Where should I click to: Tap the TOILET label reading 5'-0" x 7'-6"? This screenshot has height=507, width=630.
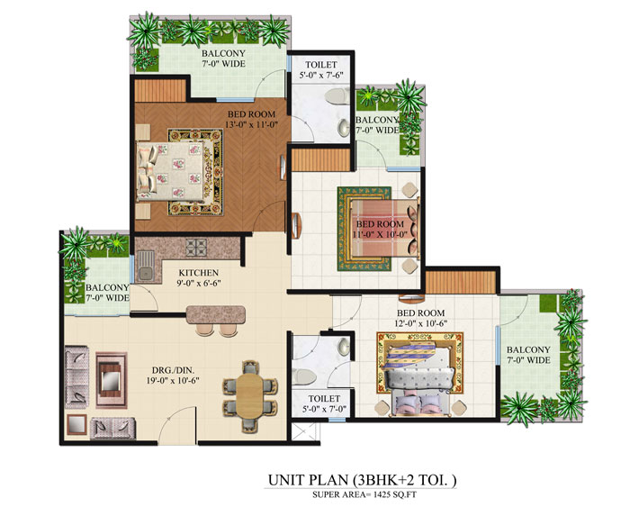(320, 70)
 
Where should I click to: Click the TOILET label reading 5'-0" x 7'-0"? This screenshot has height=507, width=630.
(322, 402)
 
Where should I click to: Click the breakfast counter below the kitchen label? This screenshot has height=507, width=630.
(216, 314)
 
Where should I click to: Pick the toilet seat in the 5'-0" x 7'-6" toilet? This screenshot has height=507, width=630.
(343, 130)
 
